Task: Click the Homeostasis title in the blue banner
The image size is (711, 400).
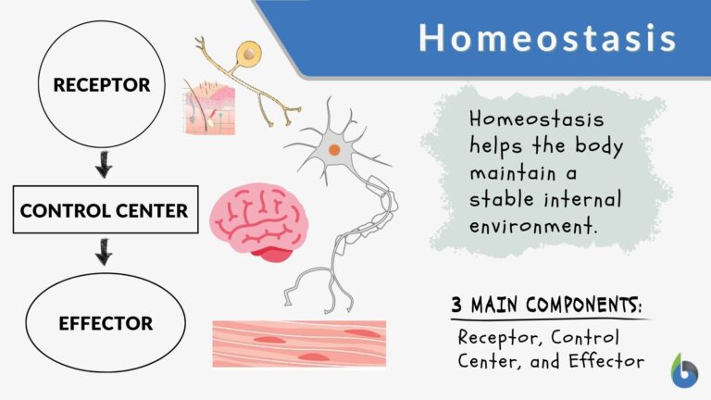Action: tap(547, 38)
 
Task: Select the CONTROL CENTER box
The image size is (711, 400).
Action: tap(104, 210)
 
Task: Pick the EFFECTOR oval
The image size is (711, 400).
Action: tap(104, 324)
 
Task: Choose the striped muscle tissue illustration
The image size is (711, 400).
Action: tap(298, 344)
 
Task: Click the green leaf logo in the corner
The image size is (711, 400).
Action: tap(684, 369)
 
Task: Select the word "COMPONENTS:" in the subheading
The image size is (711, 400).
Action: tap(579, 305)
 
